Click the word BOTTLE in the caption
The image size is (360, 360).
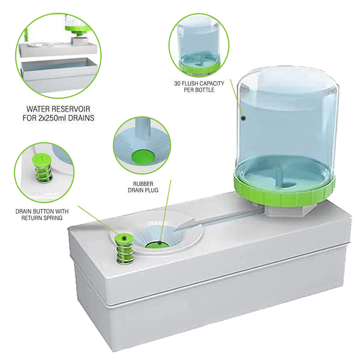click(x=205, y=90)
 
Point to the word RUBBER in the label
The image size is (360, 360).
click(x=143, y=184)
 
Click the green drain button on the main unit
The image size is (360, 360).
click(x=124, y=239)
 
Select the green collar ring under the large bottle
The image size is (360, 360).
click(x=285, y=189)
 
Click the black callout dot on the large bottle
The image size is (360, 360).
click(x=243, y=118)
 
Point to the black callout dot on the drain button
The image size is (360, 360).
click(x=124, y=238)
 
